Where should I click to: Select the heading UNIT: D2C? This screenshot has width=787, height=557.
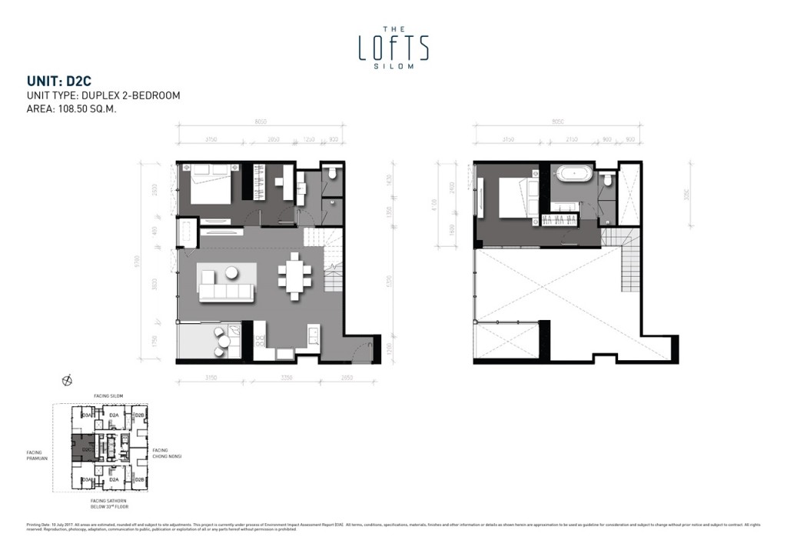point(59,80)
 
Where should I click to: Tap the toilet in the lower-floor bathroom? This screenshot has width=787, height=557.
point(331,173)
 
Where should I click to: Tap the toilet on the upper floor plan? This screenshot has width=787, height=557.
point(607,180)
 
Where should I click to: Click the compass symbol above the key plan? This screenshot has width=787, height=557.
point(67,380)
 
